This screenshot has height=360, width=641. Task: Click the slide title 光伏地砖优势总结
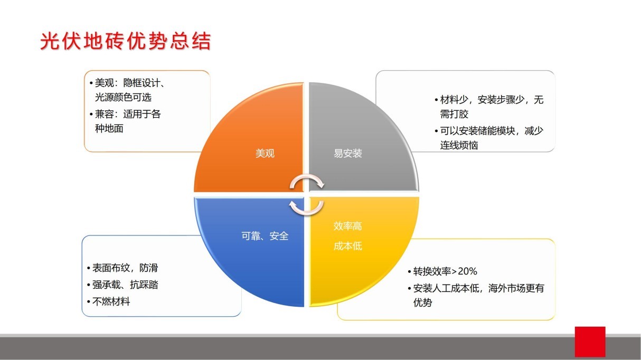[x=125, y=41]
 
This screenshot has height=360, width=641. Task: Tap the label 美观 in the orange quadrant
[x=265, y=154]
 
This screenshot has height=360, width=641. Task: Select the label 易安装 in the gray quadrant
[x=347, y=154]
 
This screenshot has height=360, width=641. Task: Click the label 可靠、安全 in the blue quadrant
[x=265, y=236]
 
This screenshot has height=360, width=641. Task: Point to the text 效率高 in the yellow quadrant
[x=347, y=226]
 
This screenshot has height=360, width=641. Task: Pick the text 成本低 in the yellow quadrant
[x=347, y=246]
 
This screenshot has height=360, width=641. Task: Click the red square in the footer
[x=590, y=342]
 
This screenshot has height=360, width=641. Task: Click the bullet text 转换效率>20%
[x=445, y=271]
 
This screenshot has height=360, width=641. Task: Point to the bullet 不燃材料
[x=111, y=301]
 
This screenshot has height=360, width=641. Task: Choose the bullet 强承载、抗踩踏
[x=125, y=285]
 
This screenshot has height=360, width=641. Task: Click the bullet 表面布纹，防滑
[x=125, y=268]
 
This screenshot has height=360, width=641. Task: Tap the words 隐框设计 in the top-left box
[x=142, y=83]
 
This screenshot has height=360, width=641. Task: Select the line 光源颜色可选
[x=123, y=97]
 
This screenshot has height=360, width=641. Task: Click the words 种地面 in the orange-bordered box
[x=109, y=128]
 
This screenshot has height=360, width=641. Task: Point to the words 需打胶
[x=454, y=114]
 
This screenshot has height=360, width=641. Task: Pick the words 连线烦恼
[x=459, y=145]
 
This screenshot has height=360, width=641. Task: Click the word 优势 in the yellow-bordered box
[x=422, y=302]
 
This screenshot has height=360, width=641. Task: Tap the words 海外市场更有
[x=516, y=288]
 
